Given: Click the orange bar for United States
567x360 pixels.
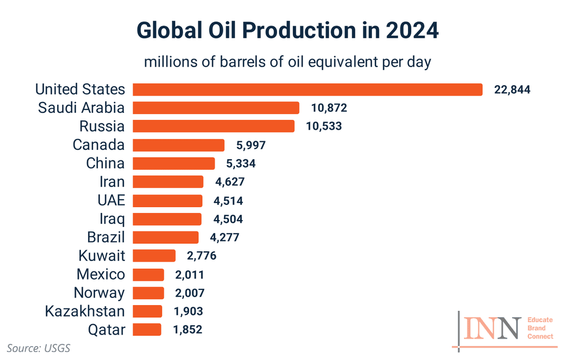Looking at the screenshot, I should [307, 89].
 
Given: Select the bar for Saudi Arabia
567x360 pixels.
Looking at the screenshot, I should [216, 108].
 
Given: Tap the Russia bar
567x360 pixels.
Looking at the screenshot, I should [213, 126].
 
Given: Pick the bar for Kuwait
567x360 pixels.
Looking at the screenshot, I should [154, 256].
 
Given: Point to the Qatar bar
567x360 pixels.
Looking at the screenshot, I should [147, 329].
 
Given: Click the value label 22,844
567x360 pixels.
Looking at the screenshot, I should [512, 90].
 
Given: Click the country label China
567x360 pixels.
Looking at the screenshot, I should [105, 163].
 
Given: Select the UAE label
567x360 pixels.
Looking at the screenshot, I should [111, 200].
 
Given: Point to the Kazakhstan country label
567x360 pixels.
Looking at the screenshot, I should [85, 311].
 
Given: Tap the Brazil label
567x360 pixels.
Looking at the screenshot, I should [106, 237].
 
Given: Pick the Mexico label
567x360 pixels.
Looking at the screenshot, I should [101, 274].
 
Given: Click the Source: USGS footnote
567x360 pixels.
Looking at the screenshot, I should [39, 348].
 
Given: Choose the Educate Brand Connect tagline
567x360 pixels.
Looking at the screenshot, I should [539, 328].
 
